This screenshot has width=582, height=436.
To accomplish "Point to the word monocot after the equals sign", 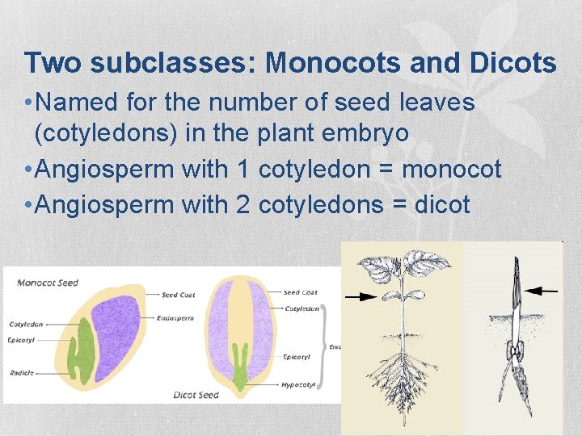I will click(452, 170).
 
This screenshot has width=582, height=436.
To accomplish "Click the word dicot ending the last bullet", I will click(441, 204).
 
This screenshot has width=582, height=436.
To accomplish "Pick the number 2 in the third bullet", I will click(242, 204).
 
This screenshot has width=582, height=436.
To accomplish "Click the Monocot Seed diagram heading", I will click(48, 283).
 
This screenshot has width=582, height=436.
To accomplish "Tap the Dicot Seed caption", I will click(196, 395).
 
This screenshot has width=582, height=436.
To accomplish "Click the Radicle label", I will click(21, 374).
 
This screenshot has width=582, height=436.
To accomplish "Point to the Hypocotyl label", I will click(298, 385).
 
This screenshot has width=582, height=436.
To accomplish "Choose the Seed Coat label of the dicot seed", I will click(300, 292).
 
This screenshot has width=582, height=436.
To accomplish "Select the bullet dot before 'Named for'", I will click(28, 103).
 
